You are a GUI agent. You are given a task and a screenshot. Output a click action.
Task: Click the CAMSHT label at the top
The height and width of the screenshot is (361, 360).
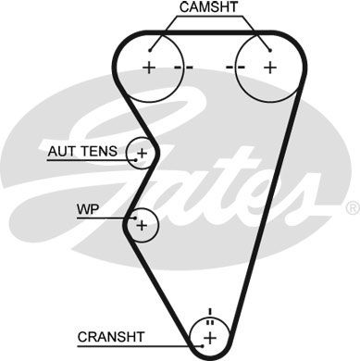(209, 7)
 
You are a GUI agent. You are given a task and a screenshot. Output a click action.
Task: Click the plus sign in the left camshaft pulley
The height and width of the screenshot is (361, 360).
(149, 67)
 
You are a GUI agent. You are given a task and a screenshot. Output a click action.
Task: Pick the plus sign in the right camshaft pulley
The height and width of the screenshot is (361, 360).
(269, 67)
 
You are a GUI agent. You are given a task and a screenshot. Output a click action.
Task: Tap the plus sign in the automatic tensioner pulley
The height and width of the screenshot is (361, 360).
(142, 151)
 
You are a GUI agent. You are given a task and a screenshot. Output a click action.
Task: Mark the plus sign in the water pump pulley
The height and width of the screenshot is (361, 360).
(141, 223)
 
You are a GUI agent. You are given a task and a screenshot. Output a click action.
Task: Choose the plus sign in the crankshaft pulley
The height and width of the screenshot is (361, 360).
(211, 335)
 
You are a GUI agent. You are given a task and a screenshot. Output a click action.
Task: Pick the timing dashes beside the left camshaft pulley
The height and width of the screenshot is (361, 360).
(182, 68)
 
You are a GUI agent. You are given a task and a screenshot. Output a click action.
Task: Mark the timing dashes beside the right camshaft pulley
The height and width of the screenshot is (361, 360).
(235, 68)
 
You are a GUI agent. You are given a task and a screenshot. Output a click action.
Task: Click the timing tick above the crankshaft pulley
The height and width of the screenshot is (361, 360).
(210, 311)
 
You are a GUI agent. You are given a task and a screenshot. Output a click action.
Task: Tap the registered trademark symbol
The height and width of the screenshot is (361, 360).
(351, 207)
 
